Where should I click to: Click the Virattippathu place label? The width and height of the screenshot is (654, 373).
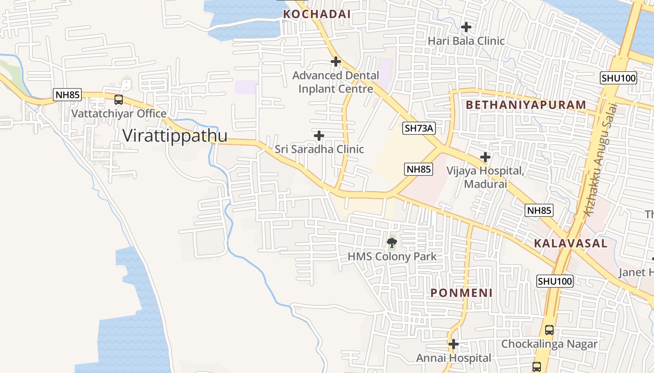pyautogui.click(x=175, y=136)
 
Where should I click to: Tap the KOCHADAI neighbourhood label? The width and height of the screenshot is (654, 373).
pyautogui.click(x=317, y=14)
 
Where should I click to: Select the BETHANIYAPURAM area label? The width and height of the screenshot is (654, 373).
pyautogui.click(x=526, y=105)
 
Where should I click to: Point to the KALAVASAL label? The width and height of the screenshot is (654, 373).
pyautogui.click(x=570, y=243)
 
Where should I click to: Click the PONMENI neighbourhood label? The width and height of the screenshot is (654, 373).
pyautogui.click(x=462, y=293)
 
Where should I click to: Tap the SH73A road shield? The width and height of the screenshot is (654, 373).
pyautogui.click(x=419, y=128)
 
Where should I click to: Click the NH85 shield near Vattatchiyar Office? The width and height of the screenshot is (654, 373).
pyautogui.click(x=67, y=95)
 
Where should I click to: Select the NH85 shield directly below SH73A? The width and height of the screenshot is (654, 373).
pyautogui.click(x=419, y=169)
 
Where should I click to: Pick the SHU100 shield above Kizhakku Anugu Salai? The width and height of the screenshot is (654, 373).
pyautogui.click(x=618, y=78)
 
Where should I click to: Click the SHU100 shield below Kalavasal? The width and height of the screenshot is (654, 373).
pyautogui.click(x=555, y=281)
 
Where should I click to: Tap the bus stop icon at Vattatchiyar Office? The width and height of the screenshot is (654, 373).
pyautogui.click(x=119, y=100)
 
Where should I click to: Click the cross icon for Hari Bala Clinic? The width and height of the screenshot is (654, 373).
pyautogui.click(x=466, y=27)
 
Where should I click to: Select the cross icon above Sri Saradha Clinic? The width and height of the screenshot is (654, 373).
pyautogui.click(x=319, y=136)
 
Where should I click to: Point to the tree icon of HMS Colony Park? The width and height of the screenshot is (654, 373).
pyautogui.click(x=392, y=242)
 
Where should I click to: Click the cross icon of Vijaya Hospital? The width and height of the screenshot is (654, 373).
pyautogui.click(x=485, y=157)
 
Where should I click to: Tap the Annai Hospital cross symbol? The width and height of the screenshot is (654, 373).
pyautogui.click(x=453, y=344)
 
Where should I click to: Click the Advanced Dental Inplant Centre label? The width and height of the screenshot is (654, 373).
pyautogui.click(x=335, y=82)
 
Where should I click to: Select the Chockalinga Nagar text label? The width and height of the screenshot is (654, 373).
pyautogui.click(x=549, y=344)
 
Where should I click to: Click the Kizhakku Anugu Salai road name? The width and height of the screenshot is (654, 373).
pyautogui.click(x=600, y=159)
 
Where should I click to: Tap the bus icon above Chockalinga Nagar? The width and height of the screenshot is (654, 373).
pyautogui.click(x=549, y=330)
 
